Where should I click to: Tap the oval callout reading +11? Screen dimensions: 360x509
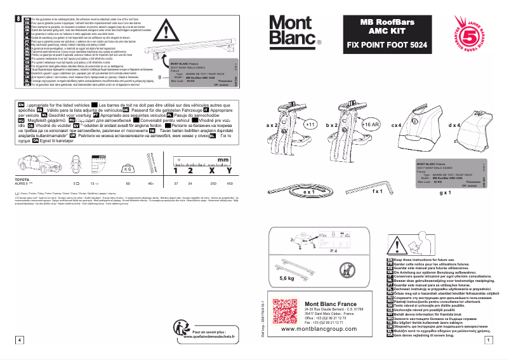coord(310,125)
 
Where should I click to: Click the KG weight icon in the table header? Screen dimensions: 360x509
coord(128,168)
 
